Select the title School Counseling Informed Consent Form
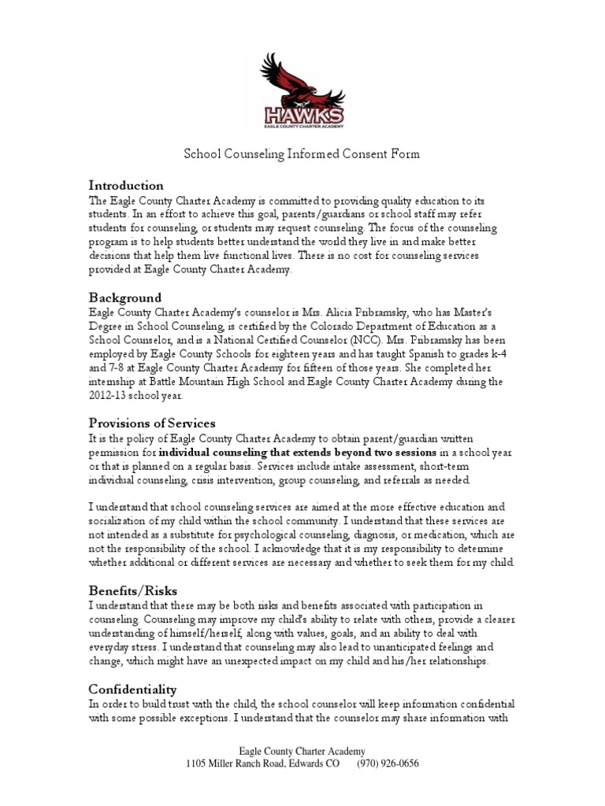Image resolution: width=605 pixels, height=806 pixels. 302,154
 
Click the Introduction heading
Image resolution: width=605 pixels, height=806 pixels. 126,186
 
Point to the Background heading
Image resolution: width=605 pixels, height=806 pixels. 124,298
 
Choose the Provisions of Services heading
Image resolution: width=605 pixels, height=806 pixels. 151,423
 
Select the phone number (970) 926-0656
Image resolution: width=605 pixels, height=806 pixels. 388,763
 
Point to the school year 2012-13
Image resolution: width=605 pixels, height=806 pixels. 107,397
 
